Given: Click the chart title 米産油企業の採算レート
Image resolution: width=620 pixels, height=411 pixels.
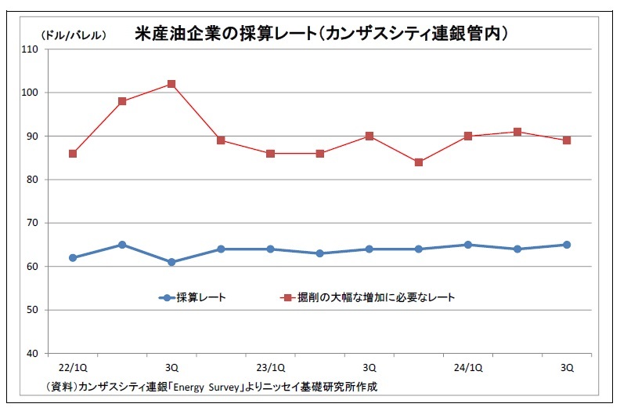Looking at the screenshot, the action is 225,34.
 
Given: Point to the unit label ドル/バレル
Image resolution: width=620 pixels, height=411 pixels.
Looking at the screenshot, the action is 74,35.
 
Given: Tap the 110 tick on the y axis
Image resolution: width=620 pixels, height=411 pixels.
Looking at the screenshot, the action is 30,49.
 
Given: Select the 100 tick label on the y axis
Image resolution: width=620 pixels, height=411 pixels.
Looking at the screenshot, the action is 30,93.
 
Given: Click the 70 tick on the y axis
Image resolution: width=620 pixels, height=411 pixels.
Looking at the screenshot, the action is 32,223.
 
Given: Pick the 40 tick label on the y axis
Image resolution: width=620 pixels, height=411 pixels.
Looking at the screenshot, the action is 32,354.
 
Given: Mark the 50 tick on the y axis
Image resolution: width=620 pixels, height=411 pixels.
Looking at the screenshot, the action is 32,310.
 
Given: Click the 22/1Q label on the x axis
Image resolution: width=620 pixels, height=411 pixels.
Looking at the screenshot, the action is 73,368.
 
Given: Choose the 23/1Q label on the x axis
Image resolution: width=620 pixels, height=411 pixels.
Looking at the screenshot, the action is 270,368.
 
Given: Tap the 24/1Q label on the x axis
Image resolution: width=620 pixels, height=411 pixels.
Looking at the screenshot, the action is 468,368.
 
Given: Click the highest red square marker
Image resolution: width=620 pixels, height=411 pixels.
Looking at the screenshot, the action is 171,84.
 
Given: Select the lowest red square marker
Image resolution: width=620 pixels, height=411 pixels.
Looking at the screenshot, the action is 419,162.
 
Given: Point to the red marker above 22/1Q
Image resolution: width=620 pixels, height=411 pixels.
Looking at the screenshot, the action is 73,154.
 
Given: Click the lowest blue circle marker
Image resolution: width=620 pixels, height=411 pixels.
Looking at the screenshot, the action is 171,262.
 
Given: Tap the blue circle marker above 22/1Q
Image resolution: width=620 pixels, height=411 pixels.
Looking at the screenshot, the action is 73,257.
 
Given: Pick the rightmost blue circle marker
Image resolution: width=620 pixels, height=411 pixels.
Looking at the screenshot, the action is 567,245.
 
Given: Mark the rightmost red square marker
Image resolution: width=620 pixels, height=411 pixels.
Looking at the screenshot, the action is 567,140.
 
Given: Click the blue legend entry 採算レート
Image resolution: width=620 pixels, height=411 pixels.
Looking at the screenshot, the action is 193,297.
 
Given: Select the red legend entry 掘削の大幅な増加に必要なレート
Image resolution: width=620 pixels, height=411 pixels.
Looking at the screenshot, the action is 368,297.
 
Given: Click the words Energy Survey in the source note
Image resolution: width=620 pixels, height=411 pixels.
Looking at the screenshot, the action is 206,387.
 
